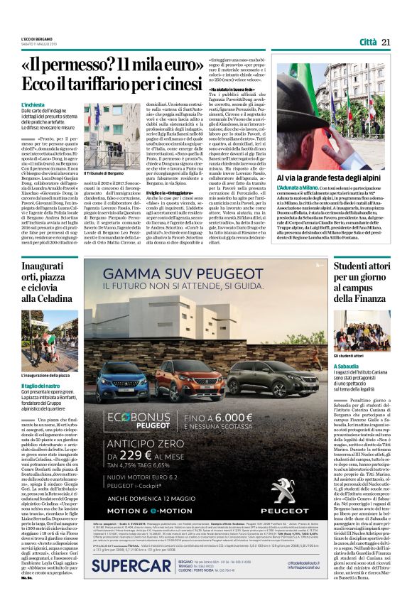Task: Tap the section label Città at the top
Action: pos(368,42)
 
